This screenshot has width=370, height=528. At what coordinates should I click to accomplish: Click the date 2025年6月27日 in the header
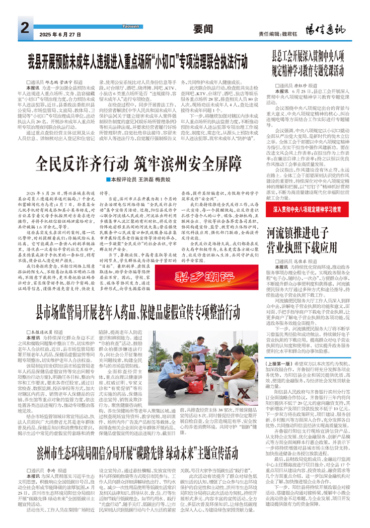point(60,35)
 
